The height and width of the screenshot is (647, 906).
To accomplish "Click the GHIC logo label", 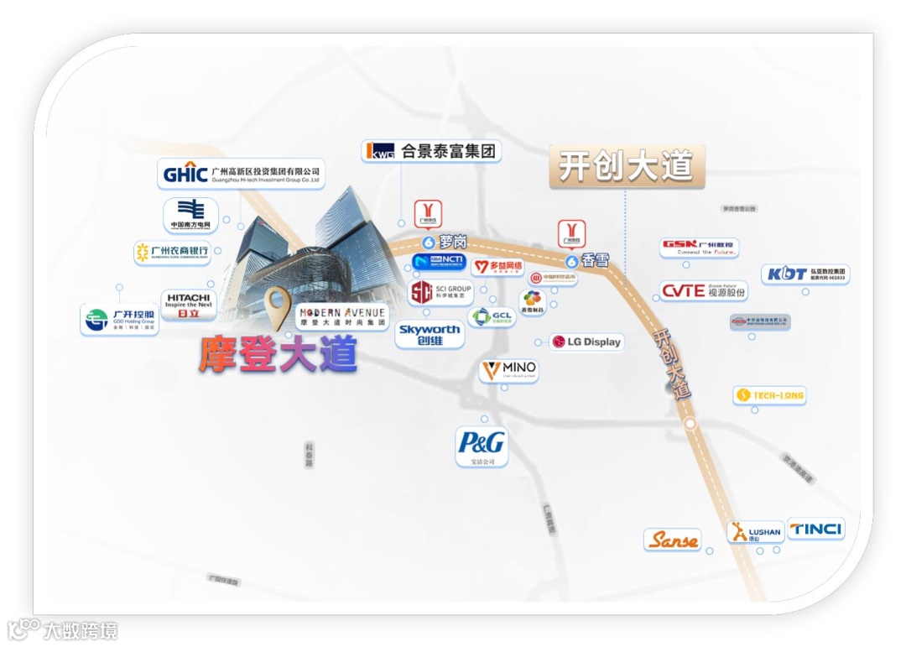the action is (241, 175).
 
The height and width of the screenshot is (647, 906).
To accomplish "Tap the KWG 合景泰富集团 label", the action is (431, 152).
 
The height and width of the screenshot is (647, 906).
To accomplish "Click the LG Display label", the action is (586, 342).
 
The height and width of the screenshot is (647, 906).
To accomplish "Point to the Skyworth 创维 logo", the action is (430, 335).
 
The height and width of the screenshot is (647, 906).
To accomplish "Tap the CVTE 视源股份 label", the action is (703, 291).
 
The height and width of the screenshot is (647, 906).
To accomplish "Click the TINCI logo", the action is (815, 529).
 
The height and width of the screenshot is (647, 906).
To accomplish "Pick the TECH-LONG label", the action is (769, 395).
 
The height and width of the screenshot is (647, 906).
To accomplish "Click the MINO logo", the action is (508, 370).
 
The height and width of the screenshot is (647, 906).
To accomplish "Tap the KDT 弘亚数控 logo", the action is (805, 274).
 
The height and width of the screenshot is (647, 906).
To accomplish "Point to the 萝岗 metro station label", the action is (445, 242).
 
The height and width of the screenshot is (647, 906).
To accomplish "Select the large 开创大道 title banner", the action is (626, 166).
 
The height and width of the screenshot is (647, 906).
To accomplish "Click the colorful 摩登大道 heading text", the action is (278, 355).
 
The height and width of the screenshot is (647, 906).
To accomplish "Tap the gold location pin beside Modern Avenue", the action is (278, 307).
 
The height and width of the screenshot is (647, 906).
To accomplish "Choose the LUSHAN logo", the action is (756, 532).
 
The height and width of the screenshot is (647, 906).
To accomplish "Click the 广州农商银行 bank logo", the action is (171, 251).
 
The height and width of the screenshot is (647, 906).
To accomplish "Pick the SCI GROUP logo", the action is (441, 293).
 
